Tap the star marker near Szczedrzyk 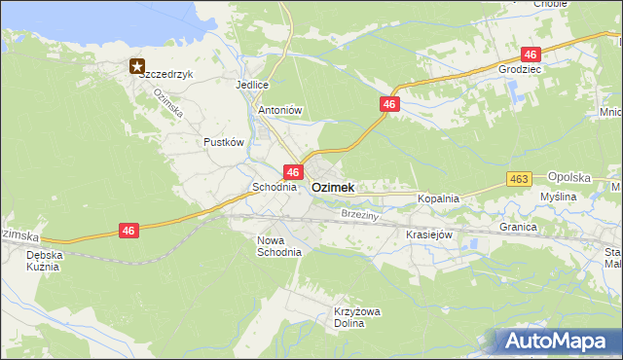[x=136, y=66]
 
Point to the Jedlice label [x=251, y=85]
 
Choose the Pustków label [x=223, y=142]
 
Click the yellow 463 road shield [x=519, y=179]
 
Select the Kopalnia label [x=438, y=198]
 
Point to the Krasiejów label [x=429, y=234]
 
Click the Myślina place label [x=559, y=197]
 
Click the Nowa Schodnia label [x=279, y=245]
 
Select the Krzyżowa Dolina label [x=355, y=317]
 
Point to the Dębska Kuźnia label [x=43, y=260]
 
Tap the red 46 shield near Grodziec [x=531, y=54]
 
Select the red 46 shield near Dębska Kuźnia [x=128, y=231]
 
